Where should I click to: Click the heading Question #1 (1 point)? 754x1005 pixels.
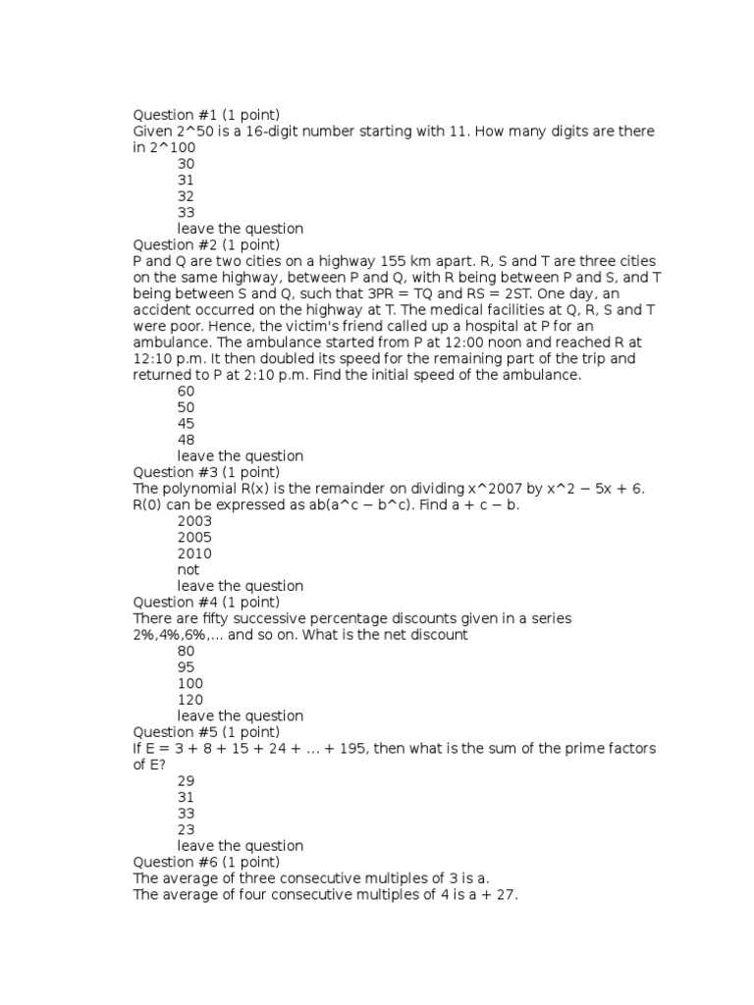pyautogui.click(x=206, y=115)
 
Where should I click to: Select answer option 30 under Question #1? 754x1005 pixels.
pyautogui.click(x=186, y=164)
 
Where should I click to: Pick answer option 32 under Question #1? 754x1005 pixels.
pyautogui.click(x=186, y=196)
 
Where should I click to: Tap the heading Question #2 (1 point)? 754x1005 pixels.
pyautogui.click(x=206, y=244)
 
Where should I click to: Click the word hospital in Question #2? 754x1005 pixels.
pyautogui.click(x=482, y=326)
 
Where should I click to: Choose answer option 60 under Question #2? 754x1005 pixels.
pyautogui.click(x=186, y=391)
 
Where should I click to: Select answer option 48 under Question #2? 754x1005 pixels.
pyautogui.click(x=186, y=440)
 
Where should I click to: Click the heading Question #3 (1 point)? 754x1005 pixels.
pyautogui.click(x=206, y=472)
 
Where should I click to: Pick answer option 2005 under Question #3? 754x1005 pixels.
pyautogui.click(x=194, y=537)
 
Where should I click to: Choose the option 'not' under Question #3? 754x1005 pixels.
pyautogui.click(x=188, y=569)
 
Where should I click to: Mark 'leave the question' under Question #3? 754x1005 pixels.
pyautogui.click(x=240, y=586)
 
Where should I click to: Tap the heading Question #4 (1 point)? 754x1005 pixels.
pyautogui.click(x=206, y=602)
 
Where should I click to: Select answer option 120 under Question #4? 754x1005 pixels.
pyautogui.click(x=190, y=700)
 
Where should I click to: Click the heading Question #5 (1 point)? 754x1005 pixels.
pyautogui.click(x=206, y=732)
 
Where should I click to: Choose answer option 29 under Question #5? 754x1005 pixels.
pyautogui.click(x=186, y=781)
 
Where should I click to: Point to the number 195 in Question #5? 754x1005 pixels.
pyautogui.click(x=415, y=749)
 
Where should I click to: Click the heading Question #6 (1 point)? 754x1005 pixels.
pyautogui.click(x=206, y=862)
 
